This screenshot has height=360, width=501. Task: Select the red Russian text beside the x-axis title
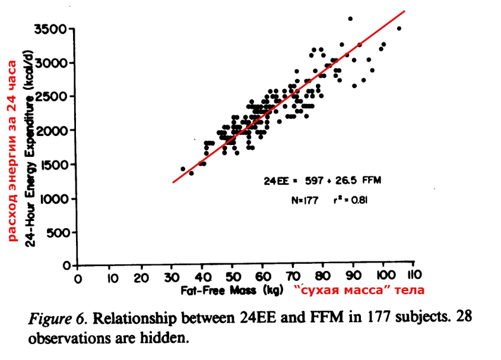[360, 290]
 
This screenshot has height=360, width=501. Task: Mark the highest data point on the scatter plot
[350, 19]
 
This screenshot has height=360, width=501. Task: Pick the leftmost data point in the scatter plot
[183, 169]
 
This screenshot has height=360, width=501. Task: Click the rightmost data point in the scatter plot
[399, 28]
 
